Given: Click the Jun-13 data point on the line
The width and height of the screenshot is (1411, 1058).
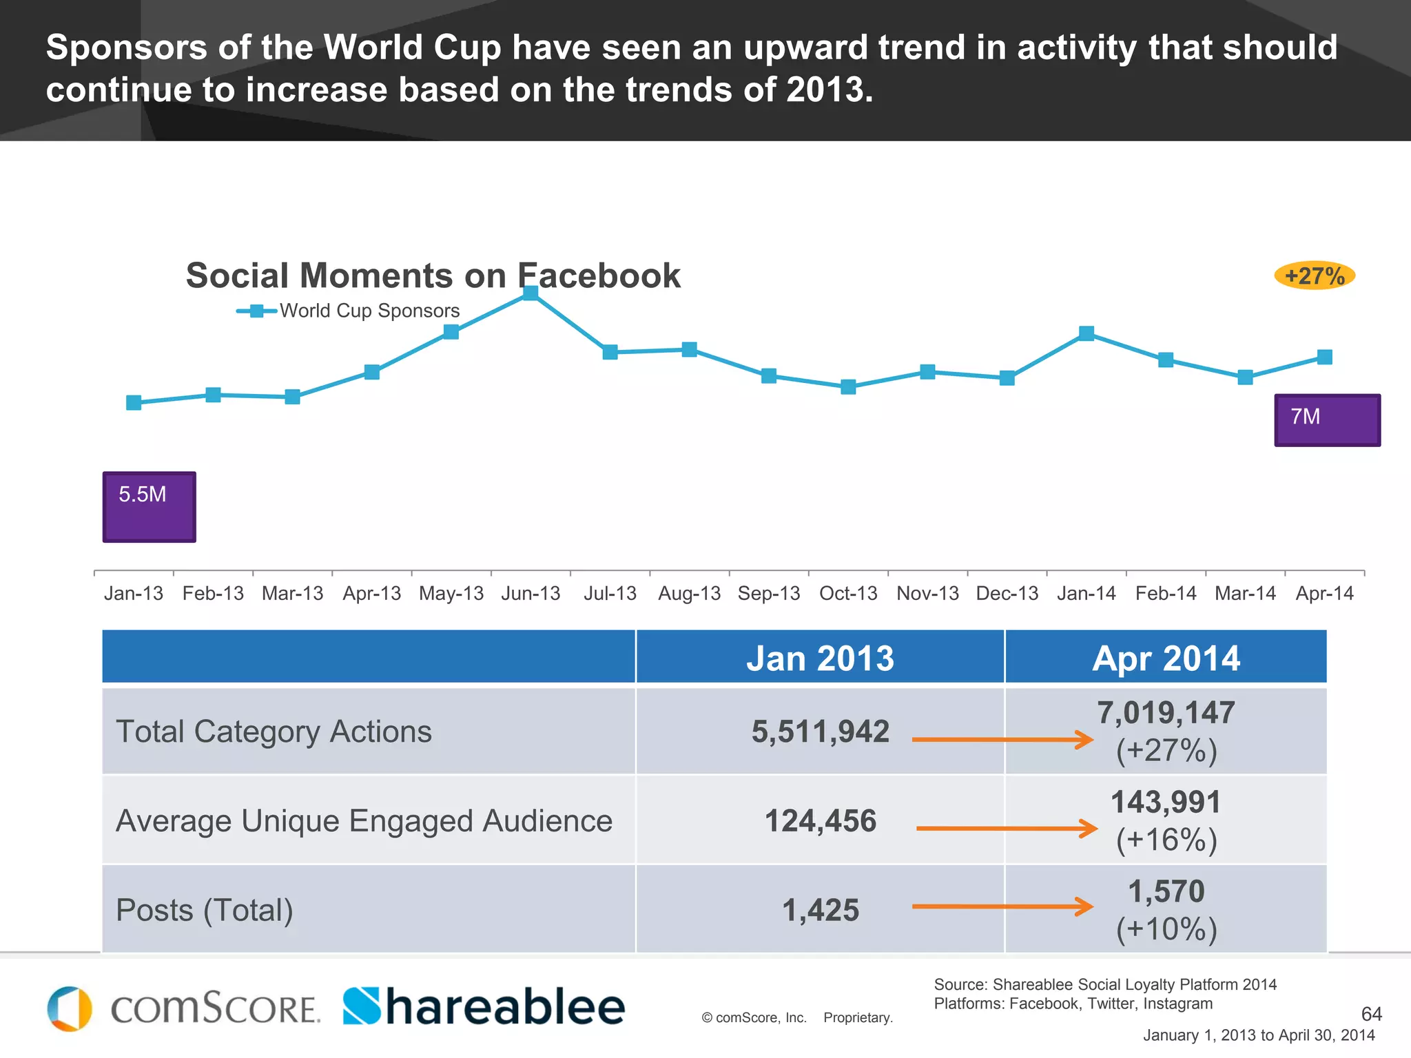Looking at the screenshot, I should (x=531, y=293).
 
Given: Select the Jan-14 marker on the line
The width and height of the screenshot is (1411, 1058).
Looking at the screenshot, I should (x=1086, y=333).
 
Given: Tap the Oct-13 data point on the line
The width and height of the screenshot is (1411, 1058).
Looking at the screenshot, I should (x=848, y=386).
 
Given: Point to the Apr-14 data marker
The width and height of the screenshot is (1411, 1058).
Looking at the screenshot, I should (x=1324, y=357).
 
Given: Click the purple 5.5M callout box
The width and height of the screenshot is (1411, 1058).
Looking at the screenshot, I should (x=150, y=507).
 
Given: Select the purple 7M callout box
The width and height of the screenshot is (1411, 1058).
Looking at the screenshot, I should (x=1327, y=420).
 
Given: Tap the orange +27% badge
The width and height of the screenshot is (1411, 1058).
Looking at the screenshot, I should (x=1315, y=276).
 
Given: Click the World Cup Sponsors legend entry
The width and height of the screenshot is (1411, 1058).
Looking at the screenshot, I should (x=348, y=311).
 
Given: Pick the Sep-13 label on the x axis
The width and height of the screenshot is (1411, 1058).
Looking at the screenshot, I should (x=769, y=593).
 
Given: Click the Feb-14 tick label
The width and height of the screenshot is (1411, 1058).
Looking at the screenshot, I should (x=1166, y=593).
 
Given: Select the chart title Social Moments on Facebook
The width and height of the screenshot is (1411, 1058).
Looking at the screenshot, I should (x=433, y=276).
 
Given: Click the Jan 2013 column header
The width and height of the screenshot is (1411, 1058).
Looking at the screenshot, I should (x=820, y=658).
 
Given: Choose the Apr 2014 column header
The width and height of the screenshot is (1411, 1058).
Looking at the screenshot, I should (x=1166, y=658).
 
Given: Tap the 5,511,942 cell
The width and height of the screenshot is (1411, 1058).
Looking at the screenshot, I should (x=820, y=732).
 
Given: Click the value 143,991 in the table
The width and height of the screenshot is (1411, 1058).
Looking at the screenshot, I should (x=1166, y=802).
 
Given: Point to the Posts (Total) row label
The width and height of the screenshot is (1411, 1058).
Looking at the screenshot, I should (x=205, y=910).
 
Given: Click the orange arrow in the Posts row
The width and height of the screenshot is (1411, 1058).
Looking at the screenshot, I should (x=1002, y=906).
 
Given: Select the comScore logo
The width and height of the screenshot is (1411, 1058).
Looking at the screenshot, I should (x=183, y=1008).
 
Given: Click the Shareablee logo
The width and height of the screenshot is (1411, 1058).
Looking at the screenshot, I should (x=484, y=1007).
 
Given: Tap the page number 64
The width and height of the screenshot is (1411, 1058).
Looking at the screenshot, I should (x=1371, y=1014).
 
